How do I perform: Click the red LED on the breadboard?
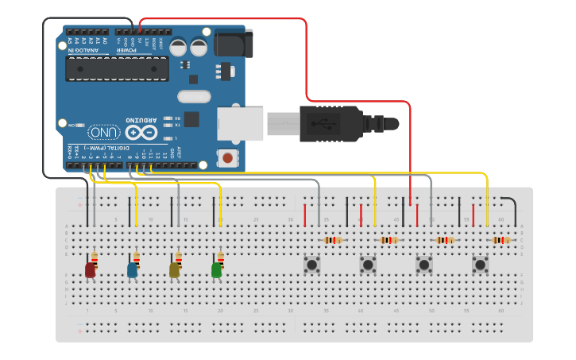(x=90, y=270)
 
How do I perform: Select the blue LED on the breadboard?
(x=132, y=270)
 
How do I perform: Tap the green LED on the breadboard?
(x=216, y=270)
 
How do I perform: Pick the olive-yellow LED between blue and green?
(x=174, y=270)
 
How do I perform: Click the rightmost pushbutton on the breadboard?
(x=480, y=264)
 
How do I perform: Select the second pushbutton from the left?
(x=367, y=264)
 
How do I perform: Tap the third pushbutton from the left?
(x=424, y=264)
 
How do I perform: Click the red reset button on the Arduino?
(x=228, y=158)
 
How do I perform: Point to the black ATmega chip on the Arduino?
(x=117, y=70)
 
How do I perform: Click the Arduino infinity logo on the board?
(x=141, y=133)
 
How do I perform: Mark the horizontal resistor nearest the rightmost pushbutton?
(x=501, y=240)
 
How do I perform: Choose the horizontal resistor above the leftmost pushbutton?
(x=333, y=240)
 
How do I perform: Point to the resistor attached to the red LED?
(x=95, y=257)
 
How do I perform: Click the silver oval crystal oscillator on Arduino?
(x=194, y=97)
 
